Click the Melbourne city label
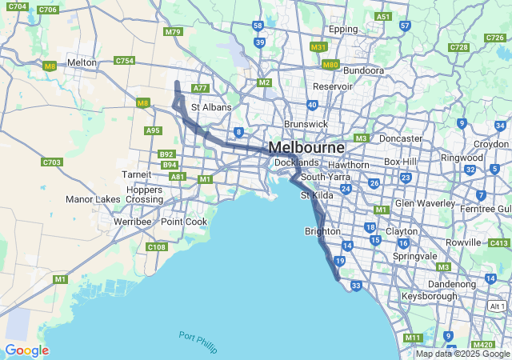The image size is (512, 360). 306,148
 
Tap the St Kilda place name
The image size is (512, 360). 315,195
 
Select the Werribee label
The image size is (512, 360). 132,221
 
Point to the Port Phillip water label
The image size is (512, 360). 198,341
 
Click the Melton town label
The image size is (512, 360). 82,62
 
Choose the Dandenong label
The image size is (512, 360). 452,283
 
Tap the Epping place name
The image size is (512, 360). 343,29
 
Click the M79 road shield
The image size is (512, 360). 172,32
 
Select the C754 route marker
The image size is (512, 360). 124,61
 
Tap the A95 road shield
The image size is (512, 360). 153,130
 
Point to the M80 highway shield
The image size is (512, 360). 330,64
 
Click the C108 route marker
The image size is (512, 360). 157,247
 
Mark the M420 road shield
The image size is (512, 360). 483,345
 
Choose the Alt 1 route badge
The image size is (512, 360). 497,306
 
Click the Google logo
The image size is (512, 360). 26,350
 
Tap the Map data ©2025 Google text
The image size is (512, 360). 462,354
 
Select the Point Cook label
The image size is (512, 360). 184,222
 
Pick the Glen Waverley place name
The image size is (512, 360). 425,203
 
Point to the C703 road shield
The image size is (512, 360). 52,162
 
